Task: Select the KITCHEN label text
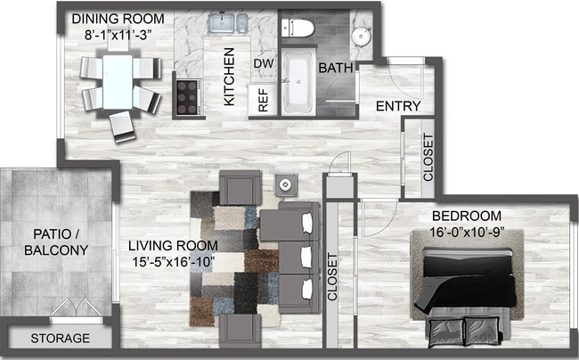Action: coord(229,77)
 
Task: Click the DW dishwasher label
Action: coord(263,63)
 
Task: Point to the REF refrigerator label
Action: coord(264,101)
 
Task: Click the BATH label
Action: coord(336,68)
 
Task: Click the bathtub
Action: coord(298,83)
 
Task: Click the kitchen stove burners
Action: coord(187,94)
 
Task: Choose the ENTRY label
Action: coord(397,107)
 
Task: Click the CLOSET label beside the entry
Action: coord(428,157)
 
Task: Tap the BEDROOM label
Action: coord(466,217)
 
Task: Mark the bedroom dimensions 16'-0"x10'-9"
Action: coord(466,233)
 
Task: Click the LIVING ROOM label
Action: coord(171,245)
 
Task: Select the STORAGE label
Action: coord(61,339)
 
